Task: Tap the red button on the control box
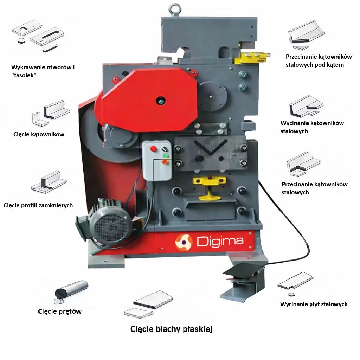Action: tap(153, 149)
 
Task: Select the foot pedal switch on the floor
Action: tap(243, 282)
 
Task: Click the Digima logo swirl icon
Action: tap(184, 243)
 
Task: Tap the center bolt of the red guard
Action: tap(161, 101)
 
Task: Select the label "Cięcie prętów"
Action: tap(60, 311)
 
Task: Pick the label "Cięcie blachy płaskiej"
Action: tap(171, 329)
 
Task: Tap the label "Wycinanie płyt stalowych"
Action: tap(314, 304)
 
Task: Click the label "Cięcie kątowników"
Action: tap(39, 134)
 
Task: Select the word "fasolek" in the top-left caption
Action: tap(24, 75)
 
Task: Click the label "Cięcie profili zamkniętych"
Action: tap(38, 205)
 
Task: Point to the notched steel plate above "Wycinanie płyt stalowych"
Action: tap(295, 281)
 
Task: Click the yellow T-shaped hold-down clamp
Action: tap(210, 187)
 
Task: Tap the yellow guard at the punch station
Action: tap(252, 57)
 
